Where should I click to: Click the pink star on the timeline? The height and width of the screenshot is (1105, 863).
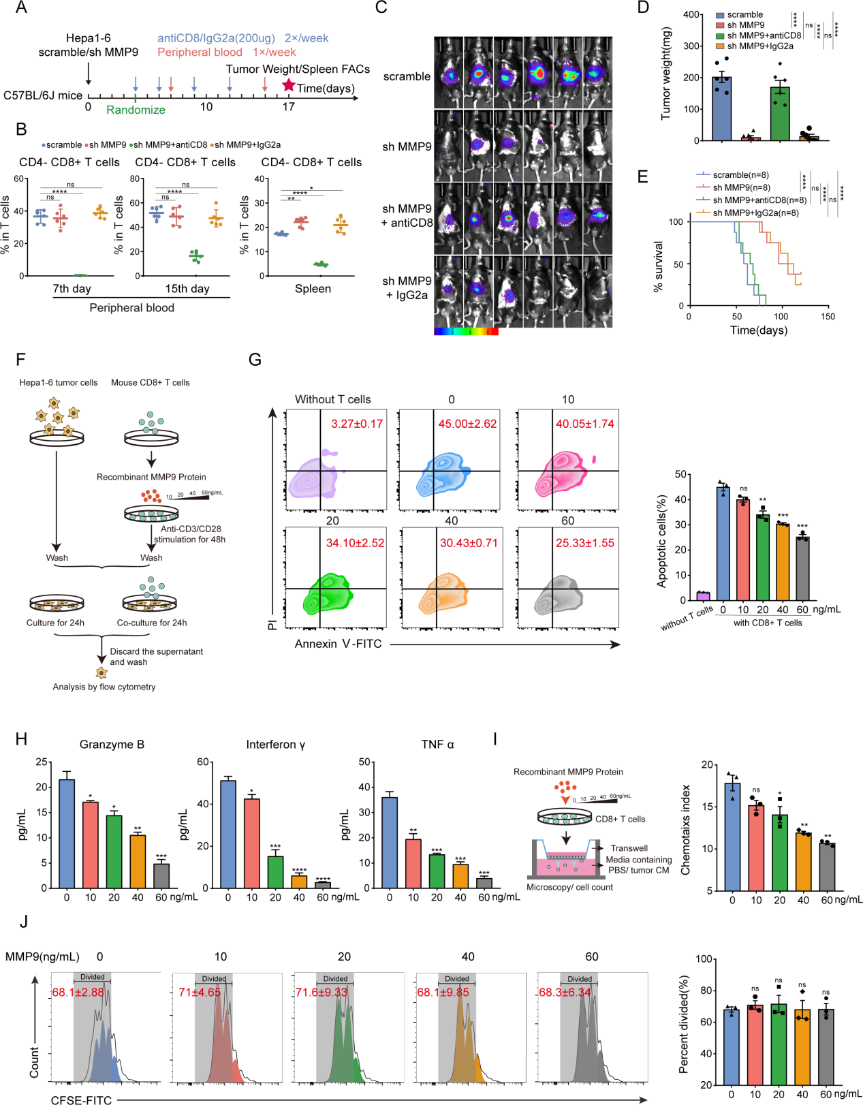tap(289, 85)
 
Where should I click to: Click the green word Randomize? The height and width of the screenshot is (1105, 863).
tap(136, 110)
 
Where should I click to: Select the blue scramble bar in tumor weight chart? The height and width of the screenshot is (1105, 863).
tap(722, 109)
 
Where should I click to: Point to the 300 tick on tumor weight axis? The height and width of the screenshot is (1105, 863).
tap(691, 46)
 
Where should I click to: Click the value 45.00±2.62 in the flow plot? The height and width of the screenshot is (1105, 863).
tap(467, 424)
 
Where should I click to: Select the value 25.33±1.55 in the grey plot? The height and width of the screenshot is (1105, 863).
tap(585, 543)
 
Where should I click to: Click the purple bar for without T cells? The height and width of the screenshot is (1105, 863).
tap(703, 596)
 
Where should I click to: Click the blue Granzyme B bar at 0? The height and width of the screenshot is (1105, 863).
tap(67, 834)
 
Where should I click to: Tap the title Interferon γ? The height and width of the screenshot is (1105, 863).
tap(276, 745)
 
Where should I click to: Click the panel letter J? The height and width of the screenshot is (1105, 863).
tap(24, 922)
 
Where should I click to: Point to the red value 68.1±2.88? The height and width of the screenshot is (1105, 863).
tap(78, 993)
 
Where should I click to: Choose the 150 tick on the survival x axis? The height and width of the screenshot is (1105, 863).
tap(828, 317)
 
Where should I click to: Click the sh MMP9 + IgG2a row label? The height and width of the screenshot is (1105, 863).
tap(407, 288)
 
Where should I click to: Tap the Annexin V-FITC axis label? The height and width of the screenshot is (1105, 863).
tap(338, 644)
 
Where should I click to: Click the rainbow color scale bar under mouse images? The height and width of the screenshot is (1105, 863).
tap(466, 332)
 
